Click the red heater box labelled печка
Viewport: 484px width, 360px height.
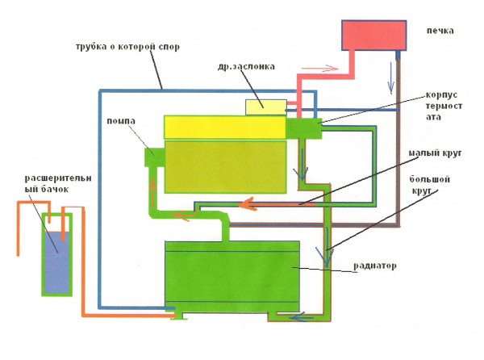tap(373, 36)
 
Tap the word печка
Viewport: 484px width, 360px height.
tap(440, 31)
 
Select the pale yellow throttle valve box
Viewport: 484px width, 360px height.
tap(266, 107)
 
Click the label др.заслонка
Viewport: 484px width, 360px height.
tap(246, 66)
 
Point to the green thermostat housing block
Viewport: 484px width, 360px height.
tap(304, 128)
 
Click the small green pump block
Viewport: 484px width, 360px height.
tap(155, 157)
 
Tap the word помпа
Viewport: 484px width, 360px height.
tap(121, 121)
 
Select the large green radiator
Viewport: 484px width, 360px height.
tap(232, 277)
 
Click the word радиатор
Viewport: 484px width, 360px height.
tap(375, 266)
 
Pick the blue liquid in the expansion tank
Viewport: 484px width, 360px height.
tap(56, 262)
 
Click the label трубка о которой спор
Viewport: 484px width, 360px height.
tap(127, 47)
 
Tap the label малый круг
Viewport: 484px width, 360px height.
tap(436, 153)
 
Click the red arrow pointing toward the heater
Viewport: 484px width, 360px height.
tap(320, 69)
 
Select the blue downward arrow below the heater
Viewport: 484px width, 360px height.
tap(391, 78)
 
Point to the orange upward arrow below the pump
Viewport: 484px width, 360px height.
tap(152, 190)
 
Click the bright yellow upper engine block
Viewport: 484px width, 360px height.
tap(225, 128)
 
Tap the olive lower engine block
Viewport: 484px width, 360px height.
tap(225, 167)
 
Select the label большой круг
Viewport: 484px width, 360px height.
tap(429, 185)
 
